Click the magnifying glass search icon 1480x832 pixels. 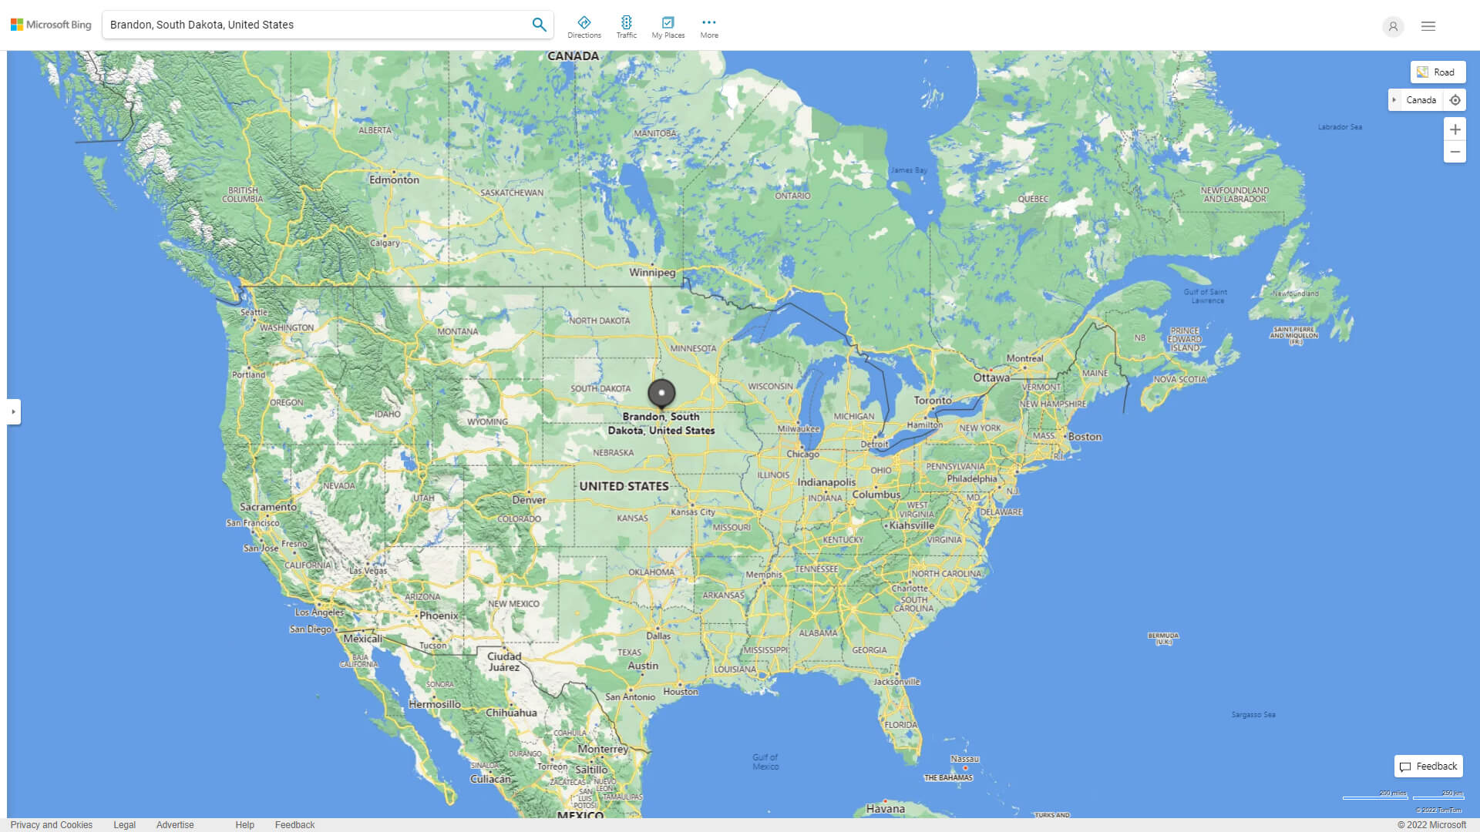[x=539, y=25]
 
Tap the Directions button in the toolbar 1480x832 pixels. [x=584, y=27]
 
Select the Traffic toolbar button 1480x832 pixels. [x=627, y=27]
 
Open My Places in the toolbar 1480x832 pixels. [x=668, y=27]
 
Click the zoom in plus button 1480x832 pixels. [x=1455, y=129]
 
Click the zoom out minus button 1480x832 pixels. [x=1455, y=152]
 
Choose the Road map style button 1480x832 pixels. [x=1438, y=72]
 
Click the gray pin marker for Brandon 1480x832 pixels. [x=661, y=393]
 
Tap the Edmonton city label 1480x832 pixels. [x=394, y=180]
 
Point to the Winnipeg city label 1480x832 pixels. [x=652, y=273]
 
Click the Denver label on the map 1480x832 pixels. [x=529, y=500]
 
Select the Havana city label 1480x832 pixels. [x=885, y=809]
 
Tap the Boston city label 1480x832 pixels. [x=1085, y=437]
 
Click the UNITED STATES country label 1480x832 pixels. [x=624, y=487]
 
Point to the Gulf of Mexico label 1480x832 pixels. [x=765, y=762]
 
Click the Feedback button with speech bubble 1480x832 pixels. [x=1428, y=767]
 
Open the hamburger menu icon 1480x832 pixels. [x=1428, y=26]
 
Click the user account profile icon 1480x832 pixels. [x=1393, y=26]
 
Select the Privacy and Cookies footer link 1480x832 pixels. [x=52, y=825]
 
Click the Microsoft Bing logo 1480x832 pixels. [x=51, y=25]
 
